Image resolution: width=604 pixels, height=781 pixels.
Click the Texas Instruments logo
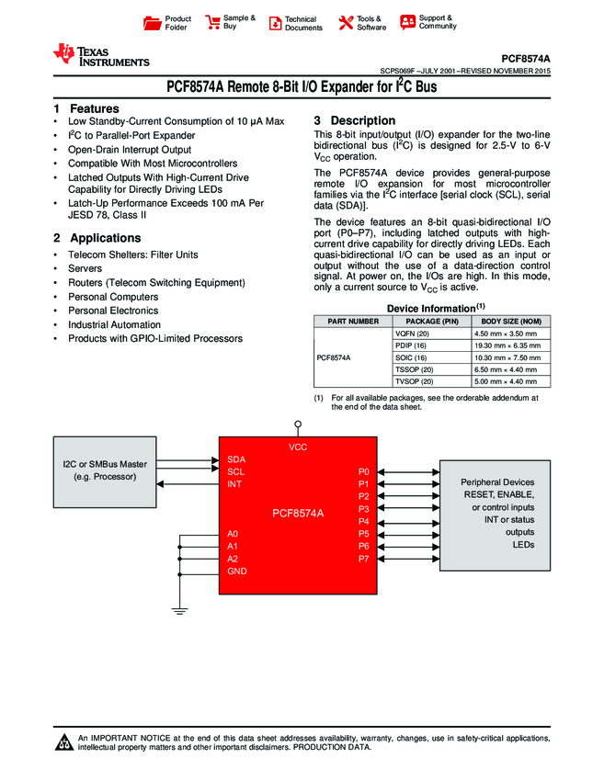pyautogui.click(x=100, y=55)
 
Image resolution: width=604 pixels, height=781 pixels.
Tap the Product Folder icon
pyautogui.click(x=153, y=23)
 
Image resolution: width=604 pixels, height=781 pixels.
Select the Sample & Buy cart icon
pyautogui.click(x=212, y=23)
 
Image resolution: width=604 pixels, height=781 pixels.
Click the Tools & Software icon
pyautogui.click(x=347, y=23)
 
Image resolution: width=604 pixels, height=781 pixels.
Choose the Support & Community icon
pyautogui.click(x=407, y=22)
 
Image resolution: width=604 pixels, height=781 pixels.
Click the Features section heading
pyautogui.click(x=87, y=108)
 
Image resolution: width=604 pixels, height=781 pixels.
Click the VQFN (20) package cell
pyautogui.click(x=412, y=333)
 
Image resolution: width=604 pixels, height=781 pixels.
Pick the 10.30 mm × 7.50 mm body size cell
pyautogui.click(x=507, y=357)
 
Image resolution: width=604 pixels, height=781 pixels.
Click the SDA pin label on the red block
pyautogui.click(x=236, y=458)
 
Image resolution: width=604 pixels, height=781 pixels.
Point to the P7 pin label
pyautogui.click(x=363, y=559)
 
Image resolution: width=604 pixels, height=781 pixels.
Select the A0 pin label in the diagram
pyautogui.click(x=233, y=533)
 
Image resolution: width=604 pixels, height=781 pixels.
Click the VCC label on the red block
pyautogui.click(x=298, y=447)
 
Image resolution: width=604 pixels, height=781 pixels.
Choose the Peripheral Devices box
pyautogui.click(x=496, y=513)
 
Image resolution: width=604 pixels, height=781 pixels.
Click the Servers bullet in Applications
pyautogui.click(x=85, y=268)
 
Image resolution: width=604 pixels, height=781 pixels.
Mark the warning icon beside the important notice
pyautogui.click(x=65, y=743)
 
